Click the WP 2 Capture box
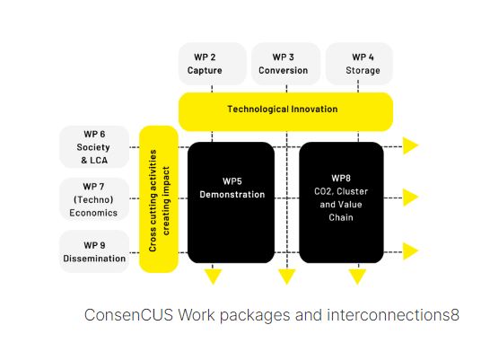pyautogui.click(x=212, y=64)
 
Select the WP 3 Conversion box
pyautogui.click(x=285, y=64)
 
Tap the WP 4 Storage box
pyautogui.click(x=359, y=64)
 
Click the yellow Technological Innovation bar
pyautogui.click(x=285, y=111)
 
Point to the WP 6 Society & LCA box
pyautogui.click(x=94, y=147)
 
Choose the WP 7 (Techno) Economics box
pyautogui.click(x=94, y=199)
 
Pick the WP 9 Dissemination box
pyautogui.click(x=94, y=251)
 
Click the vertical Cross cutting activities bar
pyautogui.click(x=159, y=199)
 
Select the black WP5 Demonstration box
pyautogui.click(x=231, y=203)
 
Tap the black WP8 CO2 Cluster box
pyautogui.click(x=341, y=203)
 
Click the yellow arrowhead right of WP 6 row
pyautogui.click(x=410, y=145)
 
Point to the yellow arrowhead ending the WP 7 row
pyautogui.click(x=410, y=198)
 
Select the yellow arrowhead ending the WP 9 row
pyautogui.click(x=410, y=251)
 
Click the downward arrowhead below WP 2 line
pyautogui.click(x=213, y=277)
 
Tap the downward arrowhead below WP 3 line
pyautogui.click(x=286, y=277)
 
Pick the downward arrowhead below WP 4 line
pyautogui.click(x=357, y=277)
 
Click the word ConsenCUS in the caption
pyautogui.click(x=128, y=315)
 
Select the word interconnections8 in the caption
pyautogui.click(x=393, y=315)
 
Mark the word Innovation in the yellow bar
pyautogui.click(x=314, y=109)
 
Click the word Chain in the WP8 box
pyautogui.click(x=341, y=217)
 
